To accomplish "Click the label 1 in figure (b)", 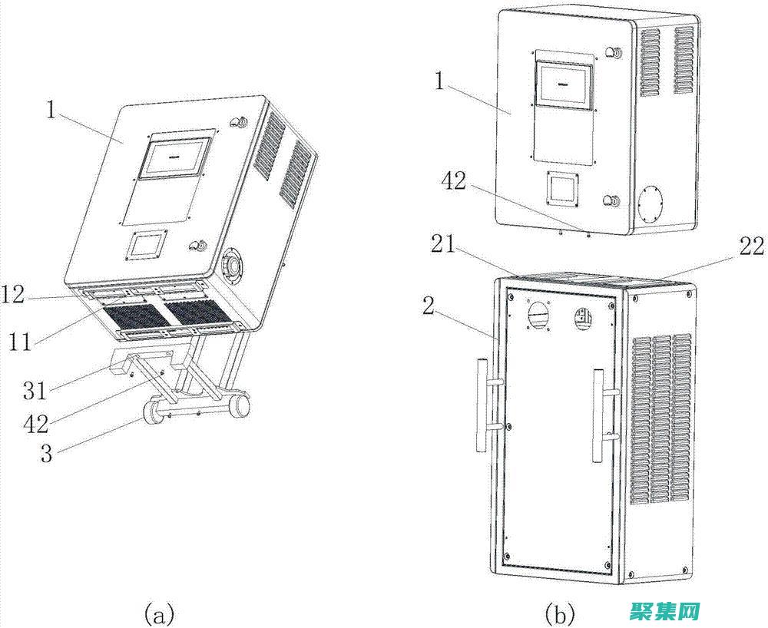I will pyautogui.click(x=439, y=81).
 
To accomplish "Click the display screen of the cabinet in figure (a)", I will pyautogui.click(x=176, y=158).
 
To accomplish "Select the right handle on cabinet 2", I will pyautogui.click(x=599, y=415).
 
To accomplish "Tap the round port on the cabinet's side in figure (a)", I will pyautogui.click(x=230, y=265).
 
